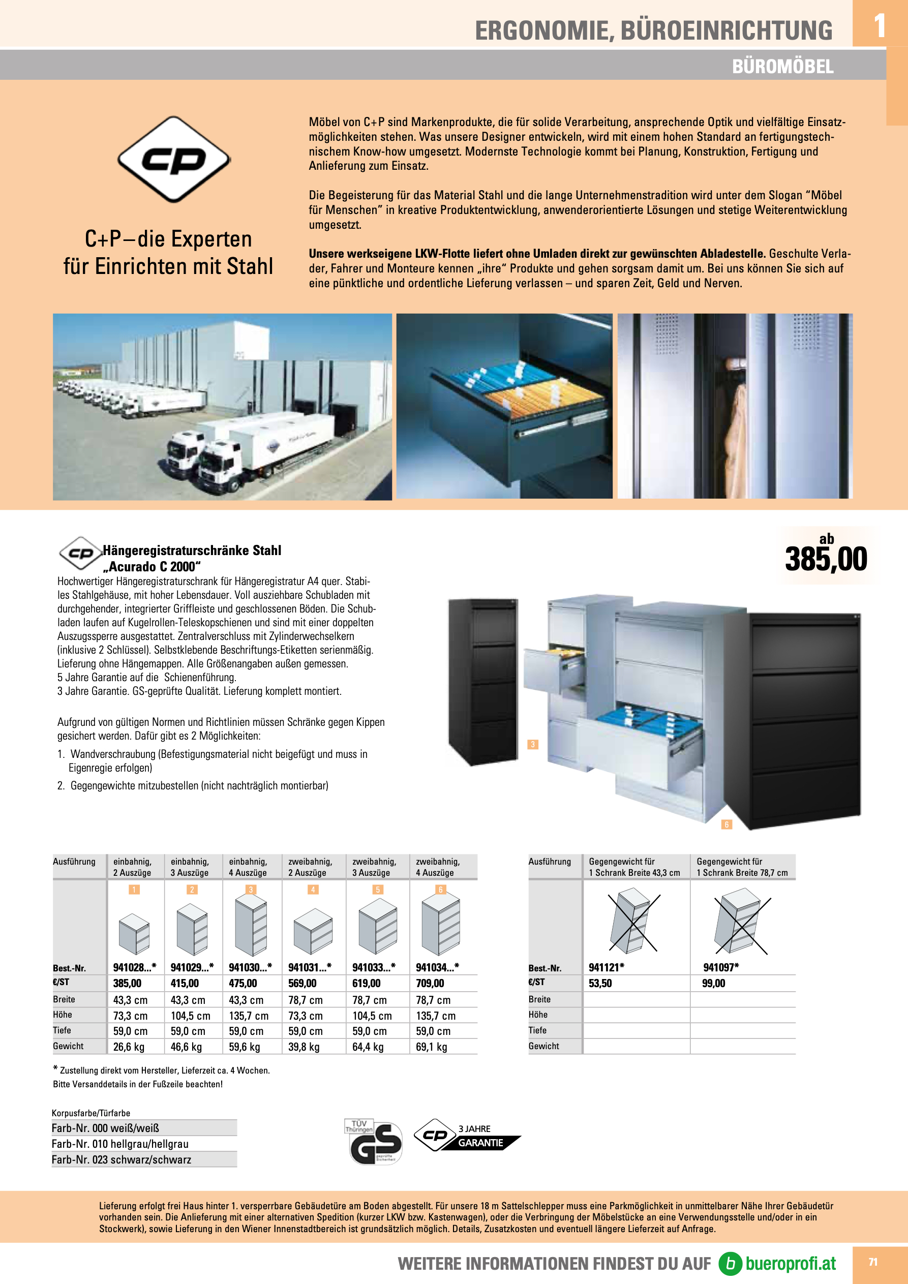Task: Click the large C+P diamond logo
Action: point(174,160)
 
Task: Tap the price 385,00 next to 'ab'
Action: point(826,559)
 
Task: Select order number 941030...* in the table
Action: point(250,967)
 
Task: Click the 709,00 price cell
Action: point(430,983)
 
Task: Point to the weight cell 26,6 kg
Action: point(129,1047)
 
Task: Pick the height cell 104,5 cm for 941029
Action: point(190,1016)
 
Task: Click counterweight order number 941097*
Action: point(720,967)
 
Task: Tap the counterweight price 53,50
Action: point(600,983)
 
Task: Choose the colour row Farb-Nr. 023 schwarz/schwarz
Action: point(122,1160)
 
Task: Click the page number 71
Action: point(873,1262)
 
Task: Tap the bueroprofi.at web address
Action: point(790,1263)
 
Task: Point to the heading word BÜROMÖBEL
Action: point(782,67)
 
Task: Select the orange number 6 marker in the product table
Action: point(441,890)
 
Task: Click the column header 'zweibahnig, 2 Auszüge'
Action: point(310,867)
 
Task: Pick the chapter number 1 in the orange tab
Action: point(880,26)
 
